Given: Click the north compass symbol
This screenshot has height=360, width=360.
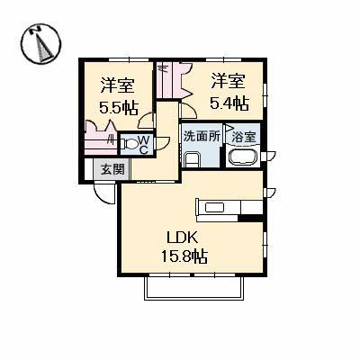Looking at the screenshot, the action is coord(40,44).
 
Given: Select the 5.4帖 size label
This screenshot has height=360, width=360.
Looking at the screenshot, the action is coord(229,103).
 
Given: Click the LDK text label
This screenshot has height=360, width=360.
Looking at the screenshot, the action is coord(182,238).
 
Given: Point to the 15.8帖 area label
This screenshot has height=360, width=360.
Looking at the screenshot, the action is coord(184,256).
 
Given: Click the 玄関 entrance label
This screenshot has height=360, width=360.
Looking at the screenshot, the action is coord(112,170).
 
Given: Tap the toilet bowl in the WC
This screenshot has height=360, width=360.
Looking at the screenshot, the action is coord(130,145).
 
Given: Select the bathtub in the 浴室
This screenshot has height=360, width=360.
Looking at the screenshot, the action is coord(243,157).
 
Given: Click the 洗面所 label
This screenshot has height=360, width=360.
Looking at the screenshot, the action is coord(202,137).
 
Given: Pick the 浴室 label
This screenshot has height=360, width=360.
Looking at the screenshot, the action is coord(245,137).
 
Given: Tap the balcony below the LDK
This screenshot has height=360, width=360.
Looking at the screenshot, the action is coord(194,288).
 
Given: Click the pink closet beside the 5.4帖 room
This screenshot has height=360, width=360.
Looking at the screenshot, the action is coord(173,80).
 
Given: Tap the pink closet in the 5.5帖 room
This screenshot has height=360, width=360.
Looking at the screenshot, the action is coord(100,138).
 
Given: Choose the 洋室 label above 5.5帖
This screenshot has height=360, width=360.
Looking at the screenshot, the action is coord(117,85).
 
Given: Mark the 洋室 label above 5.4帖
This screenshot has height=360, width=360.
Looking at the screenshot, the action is coord(229,81).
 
